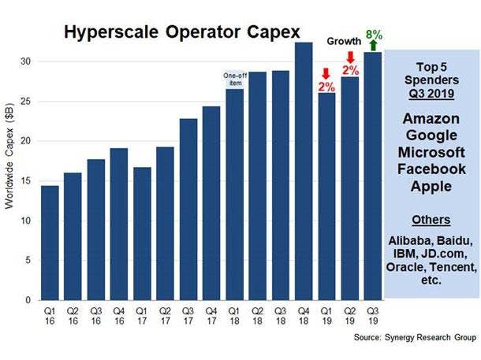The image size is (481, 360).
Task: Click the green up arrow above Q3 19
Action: [x=374, y=45]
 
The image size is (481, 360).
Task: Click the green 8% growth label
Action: [x=374, y=34]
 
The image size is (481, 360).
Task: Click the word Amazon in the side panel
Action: [x=431, y=119]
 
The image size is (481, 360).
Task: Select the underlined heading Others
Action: [x=431, y=219]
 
